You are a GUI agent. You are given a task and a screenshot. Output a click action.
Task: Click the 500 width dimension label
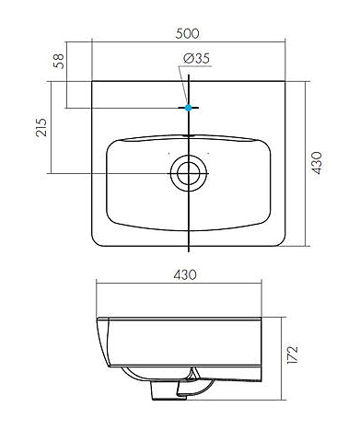(x=187, y=33)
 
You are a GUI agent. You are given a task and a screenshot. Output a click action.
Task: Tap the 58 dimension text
(x=59, y=61)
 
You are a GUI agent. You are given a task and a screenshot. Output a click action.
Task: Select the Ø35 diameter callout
(x=196, y=58)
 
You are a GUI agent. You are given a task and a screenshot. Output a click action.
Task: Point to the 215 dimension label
(x=41, y=127)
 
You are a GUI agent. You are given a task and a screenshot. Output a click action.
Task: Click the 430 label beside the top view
(x=317, y=163)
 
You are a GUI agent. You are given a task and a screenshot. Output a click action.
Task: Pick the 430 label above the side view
(x=185, y=274)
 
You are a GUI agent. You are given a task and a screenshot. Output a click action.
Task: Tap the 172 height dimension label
(x=292, y=355)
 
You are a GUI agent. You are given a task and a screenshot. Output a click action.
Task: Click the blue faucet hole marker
(x=189, y=108)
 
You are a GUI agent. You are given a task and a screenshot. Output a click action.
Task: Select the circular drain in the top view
(x=189, y=173)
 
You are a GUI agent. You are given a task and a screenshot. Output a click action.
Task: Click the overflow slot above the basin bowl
(x=189, y=135)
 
